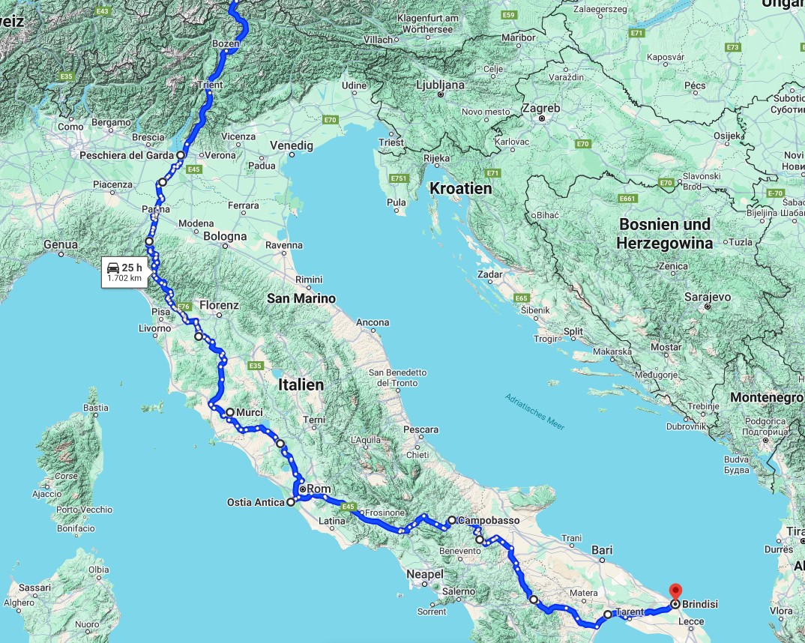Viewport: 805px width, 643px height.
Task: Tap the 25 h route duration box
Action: (x=124, y=272)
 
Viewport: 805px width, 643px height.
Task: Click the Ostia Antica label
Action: (x=255, y=502)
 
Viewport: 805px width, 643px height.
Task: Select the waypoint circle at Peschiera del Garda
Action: (x=181, y=155)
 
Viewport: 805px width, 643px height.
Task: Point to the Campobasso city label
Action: (x=488, y=520)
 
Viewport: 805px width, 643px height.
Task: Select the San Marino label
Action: (x=301, y=298)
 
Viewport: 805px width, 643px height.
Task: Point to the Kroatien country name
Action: (x=460, y=189)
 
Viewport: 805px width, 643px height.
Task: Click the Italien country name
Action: (x=301, y=384)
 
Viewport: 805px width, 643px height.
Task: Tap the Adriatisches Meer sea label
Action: (x=534, y=411)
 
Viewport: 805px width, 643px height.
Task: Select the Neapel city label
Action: (x=424, y=574)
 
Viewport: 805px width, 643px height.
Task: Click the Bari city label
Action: (x=602, y=550)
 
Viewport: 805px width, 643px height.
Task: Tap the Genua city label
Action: (x=60, y=244)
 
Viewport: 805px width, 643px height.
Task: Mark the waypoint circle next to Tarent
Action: (x=608, y=615)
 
